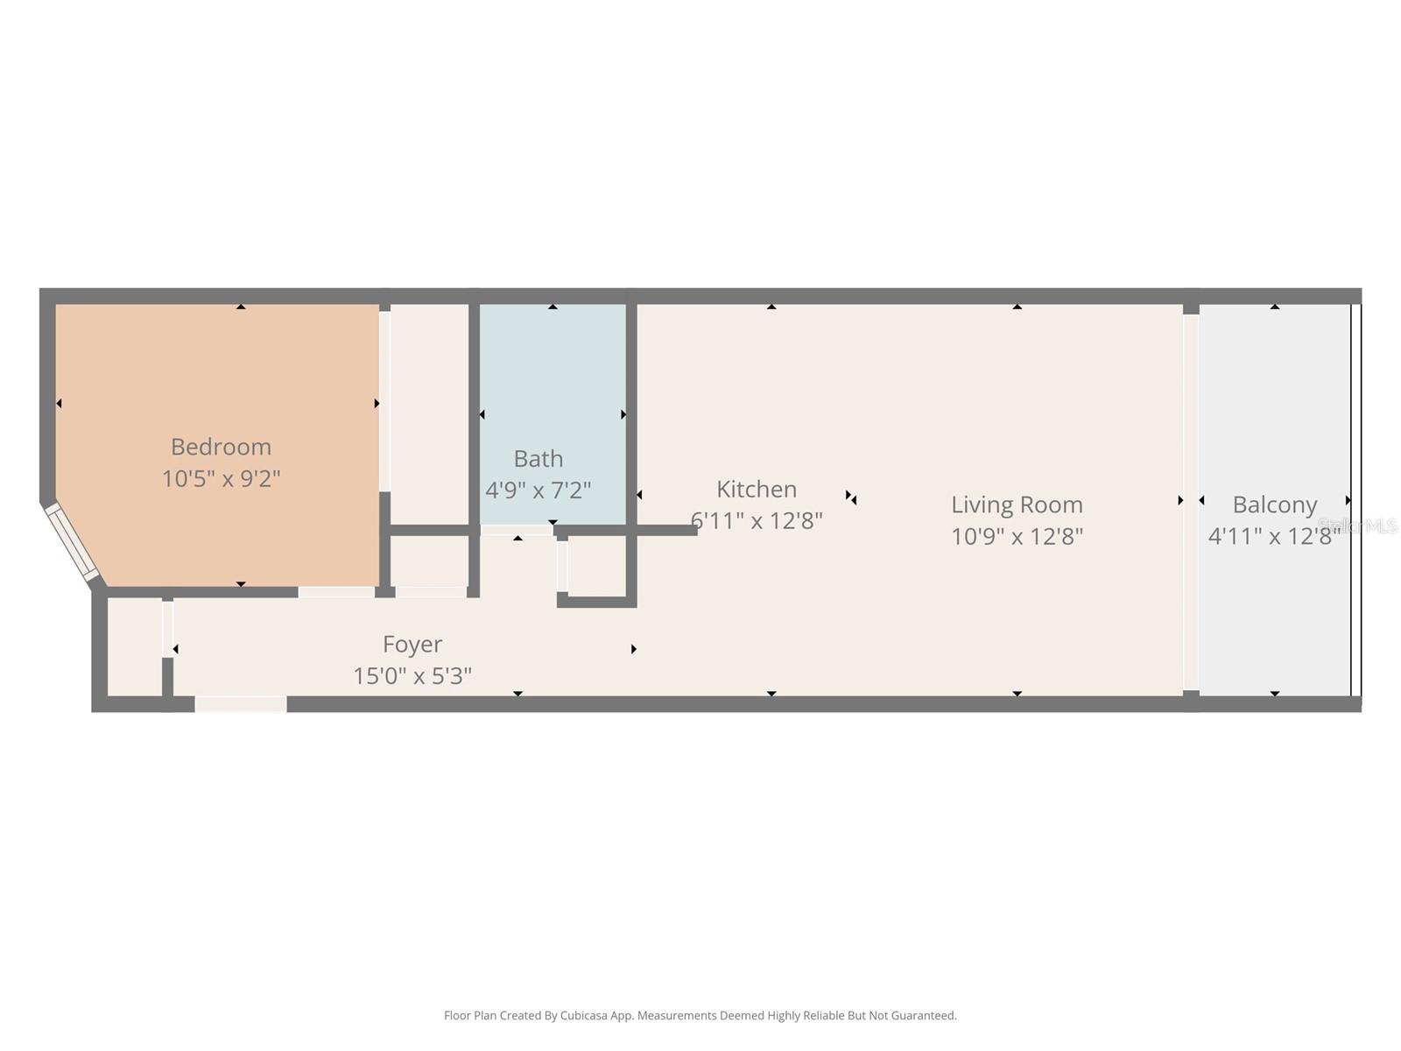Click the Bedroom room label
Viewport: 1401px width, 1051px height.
[x=221, y=447]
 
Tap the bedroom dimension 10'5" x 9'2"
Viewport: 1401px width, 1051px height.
[x=221, y=479]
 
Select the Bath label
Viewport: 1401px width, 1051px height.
[x=538, y=459]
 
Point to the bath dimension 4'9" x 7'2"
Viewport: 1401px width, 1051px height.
[x=538, y=490]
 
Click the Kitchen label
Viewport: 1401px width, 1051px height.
[x=757, y=489]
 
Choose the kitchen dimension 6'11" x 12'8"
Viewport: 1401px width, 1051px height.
[x=757, y=521]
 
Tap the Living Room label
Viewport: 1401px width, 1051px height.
[x=1017, y=504]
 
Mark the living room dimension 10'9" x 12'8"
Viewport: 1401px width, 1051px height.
[x=1017, y=536]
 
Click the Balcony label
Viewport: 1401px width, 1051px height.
[x=1274, y=504]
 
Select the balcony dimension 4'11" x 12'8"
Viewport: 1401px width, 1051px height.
[x=1274, y=536]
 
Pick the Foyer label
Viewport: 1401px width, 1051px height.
[x=412, y=645]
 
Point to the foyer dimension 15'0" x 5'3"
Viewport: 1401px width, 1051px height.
[x=412, y=676]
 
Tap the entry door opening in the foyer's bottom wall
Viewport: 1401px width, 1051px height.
[x=240, y=704]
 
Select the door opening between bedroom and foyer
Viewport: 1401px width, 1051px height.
[x=336, y=593]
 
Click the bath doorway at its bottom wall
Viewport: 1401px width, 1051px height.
[x=516, y=530]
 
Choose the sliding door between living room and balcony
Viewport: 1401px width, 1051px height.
[x=1191, y=501]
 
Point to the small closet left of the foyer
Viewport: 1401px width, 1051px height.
[x=134, y=648]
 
